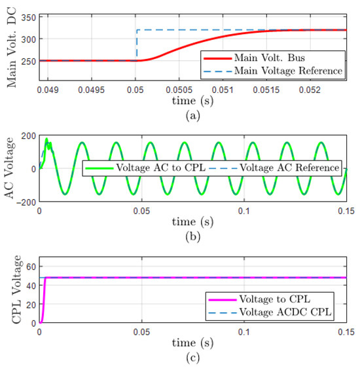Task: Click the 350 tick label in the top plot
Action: pyautogui.click(x=28, y=18)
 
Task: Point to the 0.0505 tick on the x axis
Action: pyautogui.click(x=179, y=90)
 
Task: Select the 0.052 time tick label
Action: pyautogui.click(x=310, y=90)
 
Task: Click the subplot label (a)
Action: pyautogui.click(x=193, y=116)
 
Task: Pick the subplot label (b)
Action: pyautogui.click(x=193, y=236)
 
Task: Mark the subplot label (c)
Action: pyautogui.click(x=193, y=358)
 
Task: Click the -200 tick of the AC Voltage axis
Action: pyautogui.click(x=26, y=202)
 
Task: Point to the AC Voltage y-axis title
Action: pyautogui.click(x=9, y=168)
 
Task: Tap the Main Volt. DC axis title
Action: pyautogui.click(x=11, y=47)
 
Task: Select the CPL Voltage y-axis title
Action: pyautogui.click(x=16, y=289)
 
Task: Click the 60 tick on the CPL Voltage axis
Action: pyautogui.click(x=31, y=267)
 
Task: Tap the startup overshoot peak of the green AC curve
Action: pyautogui.click(x=46, y=139)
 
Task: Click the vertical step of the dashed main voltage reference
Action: pyautogui.click(x=137, y=45)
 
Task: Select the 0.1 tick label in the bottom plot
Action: pyautogui.click(x=244, y=332)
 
